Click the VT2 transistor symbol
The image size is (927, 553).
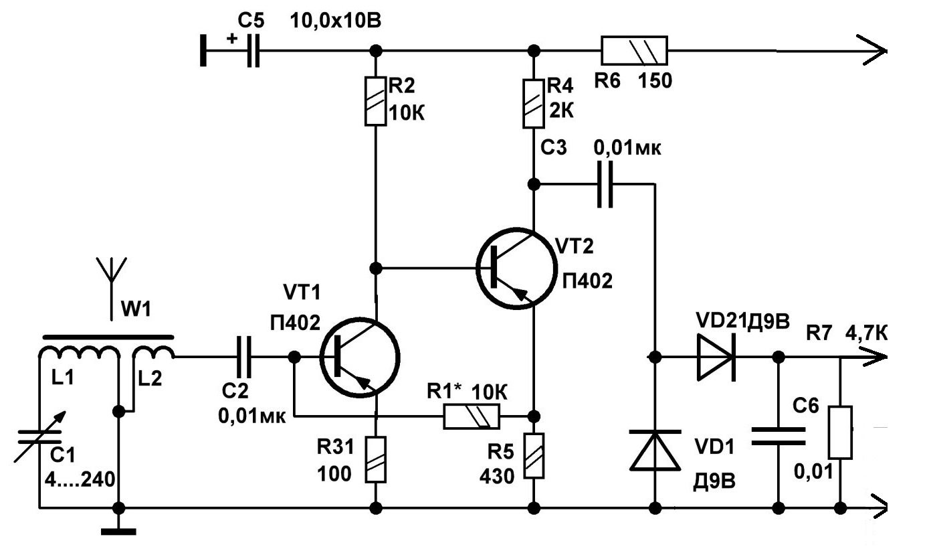pyautogui.click(x=516, y=268)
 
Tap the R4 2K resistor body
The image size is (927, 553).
pyautogui.click(x=534, y=104)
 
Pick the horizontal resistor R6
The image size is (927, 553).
pyautogui.click(x=634, y=50)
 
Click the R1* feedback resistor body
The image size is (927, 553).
pyautogui.click(x=472, y=416)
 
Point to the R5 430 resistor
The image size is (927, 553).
pyautogui.click(x=534, y=456)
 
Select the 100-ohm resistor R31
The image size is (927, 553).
pyautogui.click(x=375, y=459)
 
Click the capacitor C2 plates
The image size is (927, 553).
pyautogui.click(x=243, y=357)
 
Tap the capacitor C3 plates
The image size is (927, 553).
pyautogui.click(x=605, y=184)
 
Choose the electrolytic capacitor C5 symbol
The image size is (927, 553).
pyautogui.click(x=253, y=50)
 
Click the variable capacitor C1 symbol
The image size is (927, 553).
pyautogui.click(x=39, y=437)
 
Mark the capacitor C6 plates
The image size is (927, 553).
pyautogui.click(x=779, y=437)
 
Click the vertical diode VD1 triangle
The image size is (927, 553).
pyautogui.click(x=655, y=451)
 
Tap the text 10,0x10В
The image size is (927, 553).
pyautogui.click(x=335, y=21)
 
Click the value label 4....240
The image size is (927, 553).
pyautogui.click(x=80, y=479)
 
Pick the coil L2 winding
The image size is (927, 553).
pyautogui.click(x=153, y=353)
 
